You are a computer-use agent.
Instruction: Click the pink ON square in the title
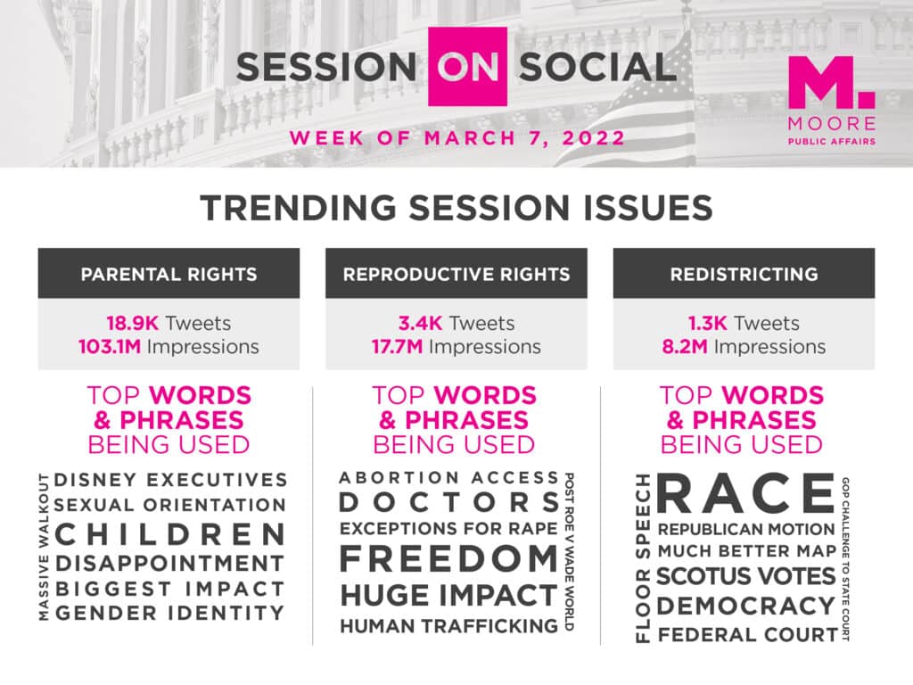467,66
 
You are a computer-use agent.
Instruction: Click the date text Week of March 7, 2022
457,138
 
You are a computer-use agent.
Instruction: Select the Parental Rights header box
169,273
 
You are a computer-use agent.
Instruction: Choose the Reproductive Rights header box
456,273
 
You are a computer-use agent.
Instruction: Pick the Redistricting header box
744,273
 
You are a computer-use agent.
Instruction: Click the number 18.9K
132,323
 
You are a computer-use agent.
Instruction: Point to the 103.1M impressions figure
110,347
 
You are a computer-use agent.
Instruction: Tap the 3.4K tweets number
421,323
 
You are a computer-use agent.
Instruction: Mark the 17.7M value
397,347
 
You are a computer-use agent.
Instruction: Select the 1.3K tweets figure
707,323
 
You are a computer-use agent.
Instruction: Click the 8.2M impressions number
685,347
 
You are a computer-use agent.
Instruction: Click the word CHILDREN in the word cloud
170,534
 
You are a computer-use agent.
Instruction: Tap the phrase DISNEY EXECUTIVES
170,479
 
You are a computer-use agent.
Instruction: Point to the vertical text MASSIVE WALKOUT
44,547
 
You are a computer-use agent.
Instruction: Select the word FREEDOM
449,558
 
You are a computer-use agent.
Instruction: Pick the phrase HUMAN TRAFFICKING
449,625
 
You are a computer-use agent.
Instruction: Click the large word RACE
746,493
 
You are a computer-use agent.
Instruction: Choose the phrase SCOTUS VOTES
746,576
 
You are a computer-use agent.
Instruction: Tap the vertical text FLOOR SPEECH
642,557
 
